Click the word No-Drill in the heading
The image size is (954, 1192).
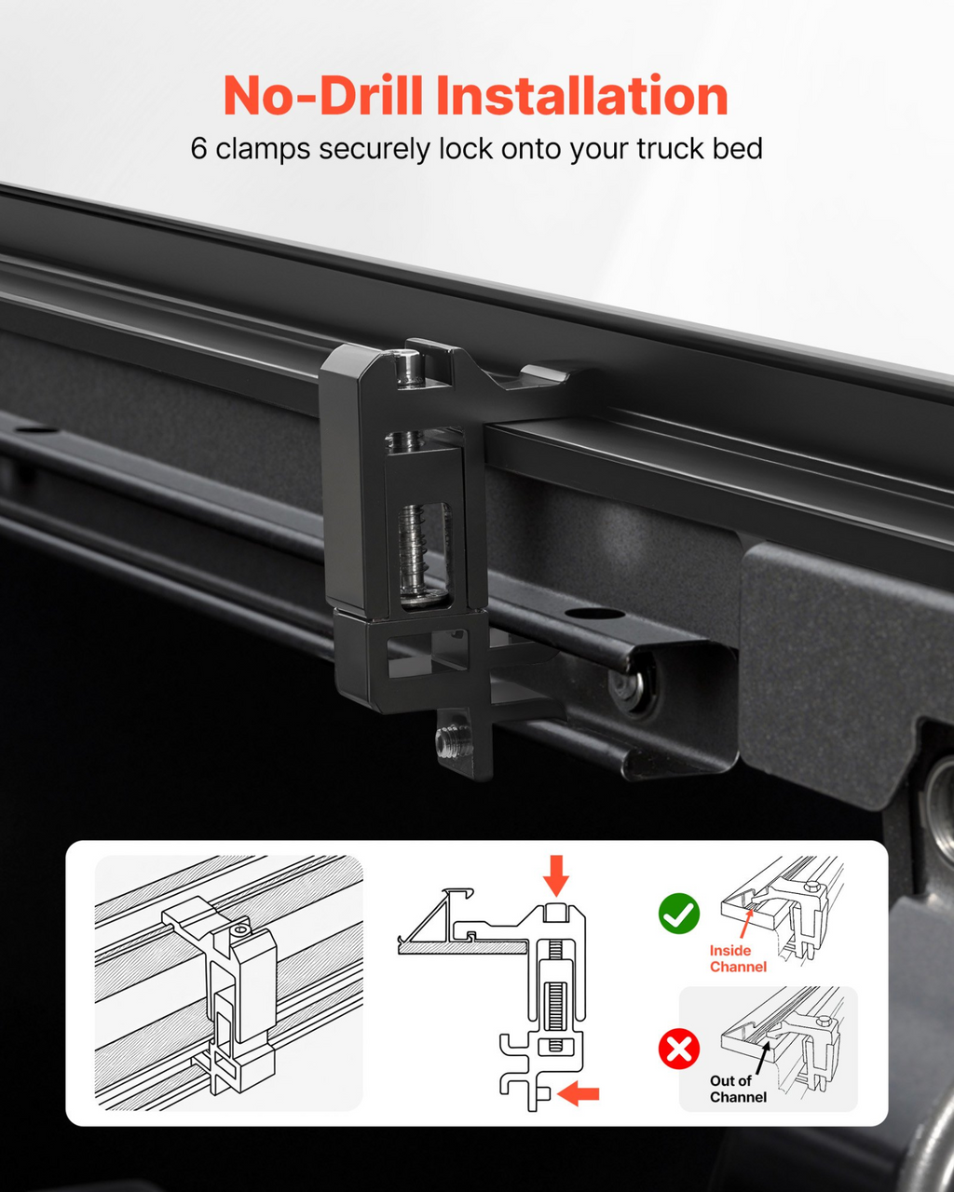point(322,95)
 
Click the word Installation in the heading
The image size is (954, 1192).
point(581,95)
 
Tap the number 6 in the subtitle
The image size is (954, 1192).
point(198,149)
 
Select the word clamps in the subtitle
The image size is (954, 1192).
point(263,149)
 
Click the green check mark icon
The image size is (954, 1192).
point(678,914)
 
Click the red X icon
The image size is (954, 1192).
point(678,1049)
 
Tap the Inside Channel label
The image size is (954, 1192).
point(738,958)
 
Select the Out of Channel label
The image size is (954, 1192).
point(738,1089)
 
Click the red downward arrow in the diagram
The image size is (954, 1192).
point(556,875)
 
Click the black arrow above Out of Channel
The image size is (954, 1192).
point(763,1058)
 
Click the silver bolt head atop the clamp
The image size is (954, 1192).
point(409,367)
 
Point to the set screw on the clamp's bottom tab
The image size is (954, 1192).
point(451,741)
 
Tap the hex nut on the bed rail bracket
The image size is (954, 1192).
point(628,688)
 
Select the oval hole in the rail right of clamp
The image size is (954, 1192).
point(594,613)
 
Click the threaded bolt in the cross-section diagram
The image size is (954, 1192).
point(555,997)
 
